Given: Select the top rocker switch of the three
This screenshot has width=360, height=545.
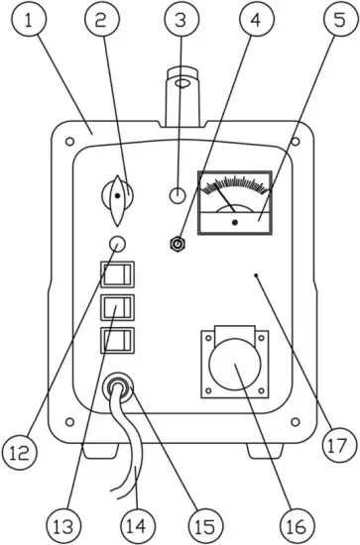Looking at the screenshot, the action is [116, 274].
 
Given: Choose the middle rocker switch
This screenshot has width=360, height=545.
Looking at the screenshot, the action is [116, 309].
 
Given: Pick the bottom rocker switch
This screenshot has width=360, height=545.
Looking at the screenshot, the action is [116, 343].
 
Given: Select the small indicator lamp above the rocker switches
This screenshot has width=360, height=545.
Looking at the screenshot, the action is [118, 245].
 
